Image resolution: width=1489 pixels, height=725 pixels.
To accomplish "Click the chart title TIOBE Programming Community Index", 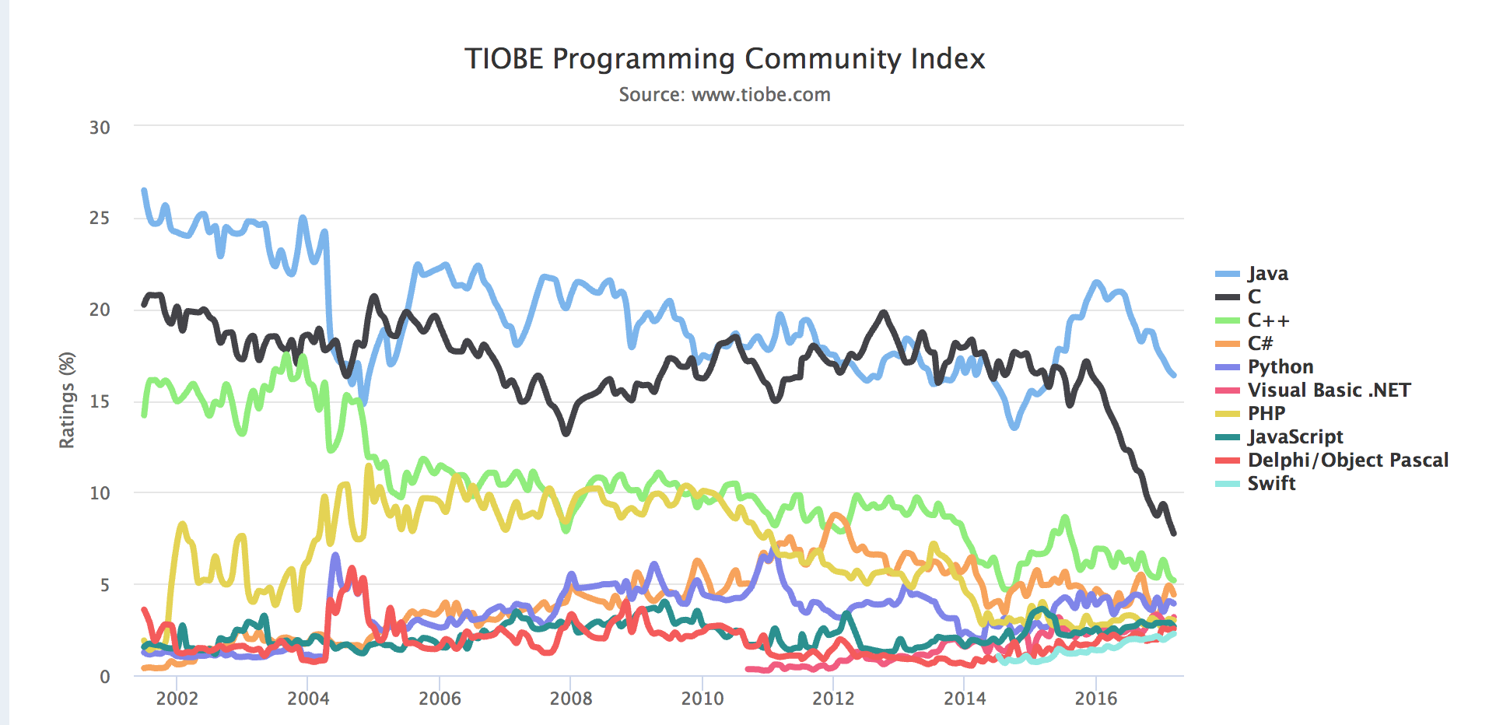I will [x=724, y=59].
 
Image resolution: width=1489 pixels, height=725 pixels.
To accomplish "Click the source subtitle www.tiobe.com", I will [x=724, y=95].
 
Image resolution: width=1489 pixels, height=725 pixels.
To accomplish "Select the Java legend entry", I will [x=1267, y=274].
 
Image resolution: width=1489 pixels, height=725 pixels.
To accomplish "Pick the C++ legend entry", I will [x=1268, y=320].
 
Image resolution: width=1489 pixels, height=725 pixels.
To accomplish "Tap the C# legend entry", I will [x=1260, y=343].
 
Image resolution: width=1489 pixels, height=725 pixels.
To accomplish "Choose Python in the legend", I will [x=1280, y=366].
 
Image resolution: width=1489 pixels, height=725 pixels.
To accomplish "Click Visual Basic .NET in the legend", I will [x=1328, y=390].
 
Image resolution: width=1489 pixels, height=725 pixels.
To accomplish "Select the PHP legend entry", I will [x=1266, y=413].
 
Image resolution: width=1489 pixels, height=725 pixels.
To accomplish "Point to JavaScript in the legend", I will [x=1295, y=436].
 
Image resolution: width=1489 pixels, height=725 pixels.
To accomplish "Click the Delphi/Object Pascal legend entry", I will [x=1347, y=460].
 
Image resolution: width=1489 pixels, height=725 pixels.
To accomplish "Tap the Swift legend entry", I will [x=1271, y=483].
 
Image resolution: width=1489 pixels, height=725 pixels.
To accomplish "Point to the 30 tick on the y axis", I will [x=100, y=128].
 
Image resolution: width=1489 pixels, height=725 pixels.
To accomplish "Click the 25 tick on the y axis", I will [x=100, y=218].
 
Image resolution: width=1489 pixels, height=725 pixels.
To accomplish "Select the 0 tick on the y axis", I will [x=105, y=677].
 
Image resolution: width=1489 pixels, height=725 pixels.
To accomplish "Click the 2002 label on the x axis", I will [x=177, y=699].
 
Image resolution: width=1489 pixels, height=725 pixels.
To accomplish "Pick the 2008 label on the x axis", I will [x=571, y=699].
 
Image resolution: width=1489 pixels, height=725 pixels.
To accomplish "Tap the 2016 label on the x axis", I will [x=1096, y=699].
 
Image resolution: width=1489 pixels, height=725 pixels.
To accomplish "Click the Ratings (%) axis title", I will [x=67, y=400].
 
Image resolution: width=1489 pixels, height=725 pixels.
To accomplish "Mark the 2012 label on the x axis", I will [x=833, y=699].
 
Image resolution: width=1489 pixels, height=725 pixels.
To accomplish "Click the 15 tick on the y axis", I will [x=100, y=401].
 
